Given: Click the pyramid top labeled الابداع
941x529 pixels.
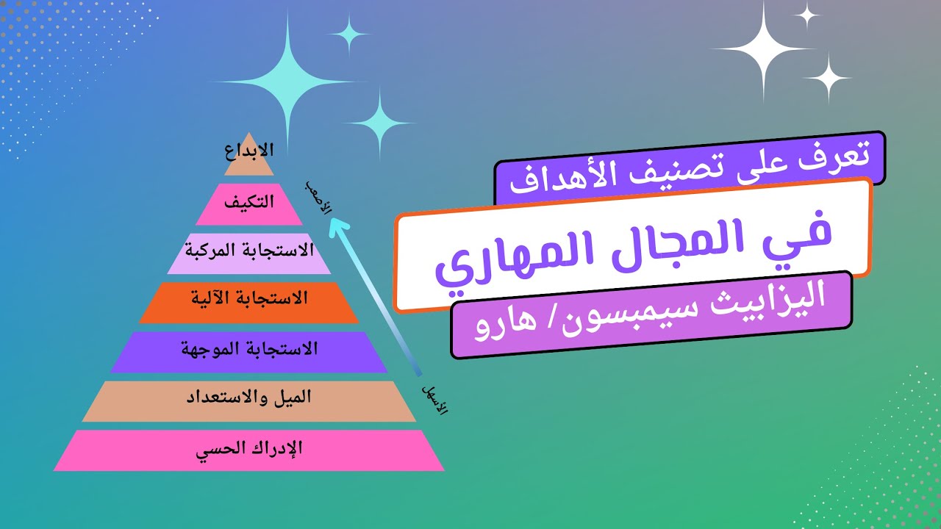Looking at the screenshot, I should point(249,153).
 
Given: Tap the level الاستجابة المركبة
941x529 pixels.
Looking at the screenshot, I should point(249,251).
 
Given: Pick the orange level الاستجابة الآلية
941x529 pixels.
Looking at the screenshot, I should point(249,299).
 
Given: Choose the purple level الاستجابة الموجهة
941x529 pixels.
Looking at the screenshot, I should point(249,349).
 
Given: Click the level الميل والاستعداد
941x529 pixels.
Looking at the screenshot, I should point(249,397).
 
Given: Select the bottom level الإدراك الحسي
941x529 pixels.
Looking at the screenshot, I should point(249,447).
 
